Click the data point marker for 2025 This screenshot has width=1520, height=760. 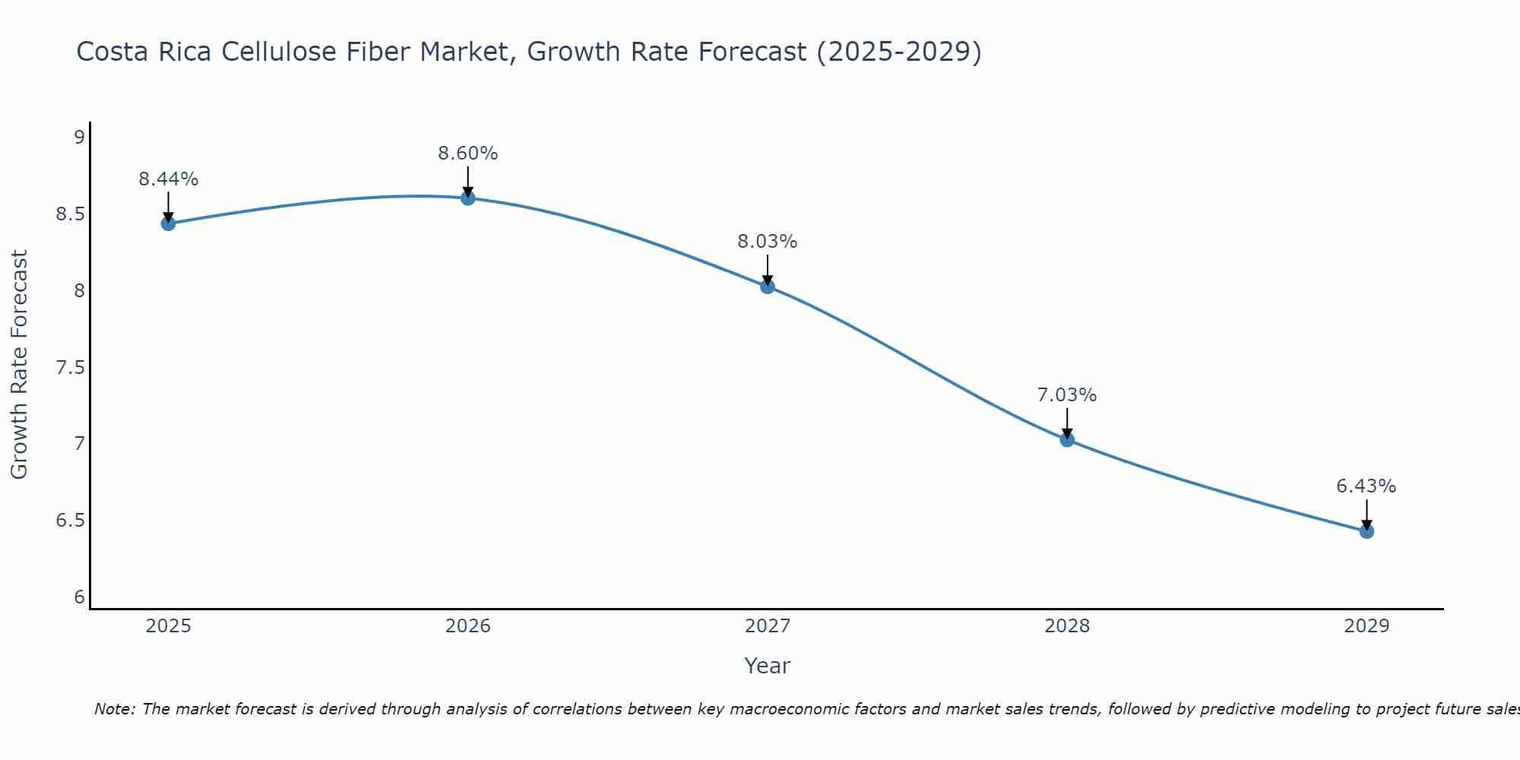coord(168,223)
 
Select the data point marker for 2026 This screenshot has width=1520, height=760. coord(468,198)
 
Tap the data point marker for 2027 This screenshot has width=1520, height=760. coord(768,287)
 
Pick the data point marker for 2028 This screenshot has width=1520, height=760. coord(1067,439)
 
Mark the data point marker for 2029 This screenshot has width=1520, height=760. coord(1366,531)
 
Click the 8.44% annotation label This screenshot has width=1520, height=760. coord(168,179)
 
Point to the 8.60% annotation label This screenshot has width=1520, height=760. coord(468,154)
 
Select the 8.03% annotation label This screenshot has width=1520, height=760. coord(768,242)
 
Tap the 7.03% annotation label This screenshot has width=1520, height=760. coord(1067,395)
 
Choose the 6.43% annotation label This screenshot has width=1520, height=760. coord(1366,486)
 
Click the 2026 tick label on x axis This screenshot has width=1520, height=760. coord(468,626)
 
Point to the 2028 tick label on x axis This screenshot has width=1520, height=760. coord(1067,626)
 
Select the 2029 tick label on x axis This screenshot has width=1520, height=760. coord(1366,626)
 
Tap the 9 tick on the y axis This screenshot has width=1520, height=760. coord(79,138)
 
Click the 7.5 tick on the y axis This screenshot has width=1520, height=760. coord(70,368)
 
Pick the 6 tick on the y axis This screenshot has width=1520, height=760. coord(79,597)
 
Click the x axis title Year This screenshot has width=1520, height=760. coord(768,666)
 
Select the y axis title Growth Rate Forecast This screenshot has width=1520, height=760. coord(20,365)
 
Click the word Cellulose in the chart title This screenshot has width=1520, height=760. coord(277,52)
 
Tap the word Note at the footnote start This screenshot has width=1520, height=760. coord(114,709)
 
